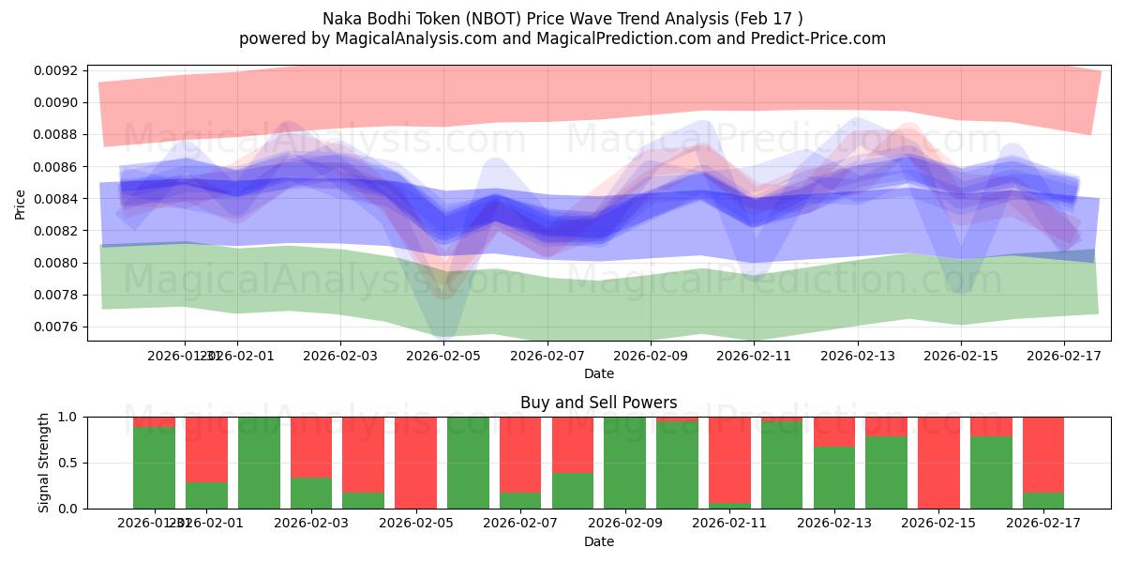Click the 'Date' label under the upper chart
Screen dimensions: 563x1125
point(599,373)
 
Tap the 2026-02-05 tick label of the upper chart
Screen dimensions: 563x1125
point(443,357)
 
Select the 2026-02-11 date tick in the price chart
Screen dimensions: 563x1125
point(754,357)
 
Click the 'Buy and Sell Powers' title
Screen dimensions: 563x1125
point(599,403)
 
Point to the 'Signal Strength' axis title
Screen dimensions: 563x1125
point(44,463)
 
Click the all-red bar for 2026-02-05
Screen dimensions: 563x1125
point(415,463)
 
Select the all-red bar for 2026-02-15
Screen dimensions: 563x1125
point(938,463)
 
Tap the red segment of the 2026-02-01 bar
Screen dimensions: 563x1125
point(206,449)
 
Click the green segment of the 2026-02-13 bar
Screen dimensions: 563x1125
point(834,478)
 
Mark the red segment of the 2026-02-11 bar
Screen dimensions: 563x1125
point(729,459)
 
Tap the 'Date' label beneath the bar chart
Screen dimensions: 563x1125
point(599,541)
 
